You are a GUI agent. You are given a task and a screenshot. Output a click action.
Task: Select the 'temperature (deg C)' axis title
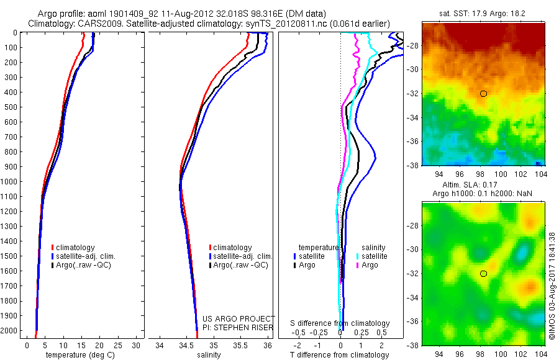coord(78,355)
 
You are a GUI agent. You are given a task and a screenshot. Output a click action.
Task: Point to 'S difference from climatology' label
coord(340,323)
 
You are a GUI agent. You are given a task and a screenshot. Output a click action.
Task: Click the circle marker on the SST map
coord(483,94)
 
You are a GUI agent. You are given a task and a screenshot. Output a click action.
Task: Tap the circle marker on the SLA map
coord(483,273)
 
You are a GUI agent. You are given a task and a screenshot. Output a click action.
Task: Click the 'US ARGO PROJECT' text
coord(239,318)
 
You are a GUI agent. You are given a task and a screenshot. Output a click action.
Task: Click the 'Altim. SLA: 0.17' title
coord(483,186)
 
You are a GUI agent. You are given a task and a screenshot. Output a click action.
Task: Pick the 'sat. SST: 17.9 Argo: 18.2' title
coord(483,12)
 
